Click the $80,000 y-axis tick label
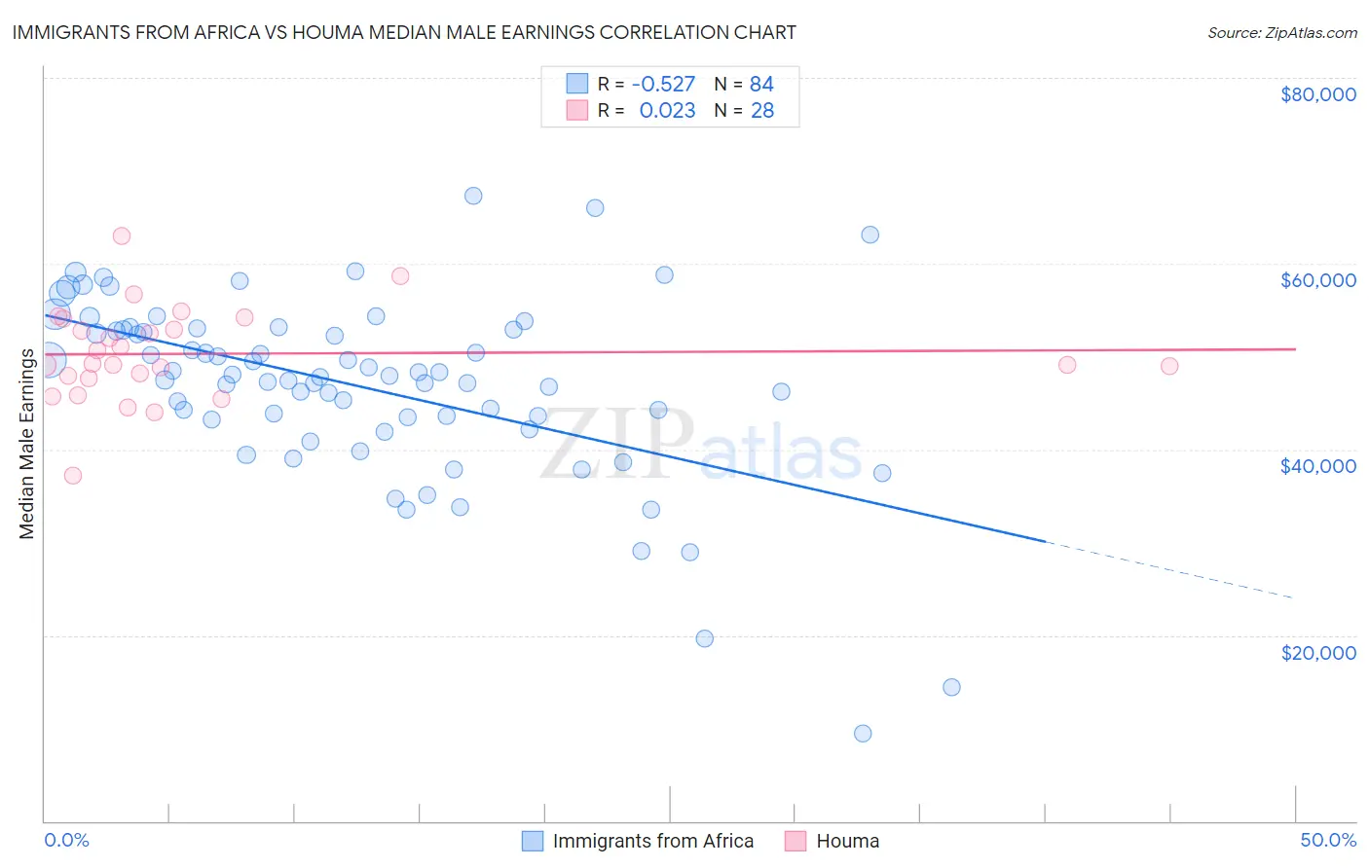[x=1317, y=94]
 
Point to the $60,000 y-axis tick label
[x=1317, y=280]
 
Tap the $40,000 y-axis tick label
[x=1317, y=466]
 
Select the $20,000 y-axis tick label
[x=1317, y=652]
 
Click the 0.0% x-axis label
[x=66, y=840]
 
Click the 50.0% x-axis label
[x=1327, y=840]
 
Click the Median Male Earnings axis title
[x=27, y=444]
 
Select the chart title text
[x=404, y=32]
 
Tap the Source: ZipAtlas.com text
[x=1281, y=33]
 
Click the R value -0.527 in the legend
[x=663, y=85]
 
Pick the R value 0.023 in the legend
[x=667, y=111]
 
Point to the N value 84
[x=761, y=85]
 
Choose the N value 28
[x=761, y=111]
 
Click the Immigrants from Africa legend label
[x=652, y=841]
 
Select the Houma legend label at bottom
[x=847, y=841]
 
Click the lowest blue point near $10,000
[x=863, y=734]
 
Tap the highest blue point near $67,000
[x=473, y=196]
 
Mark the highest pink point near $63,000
[x=122, y=235]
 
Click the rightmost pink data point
[x=1169, y=366]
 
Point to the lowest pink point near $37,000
[x=73, y=476]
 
